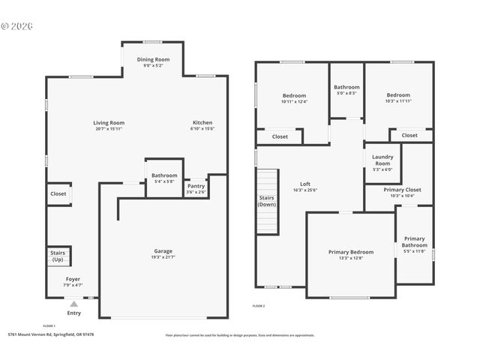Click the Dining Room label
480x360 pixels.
[153, 59]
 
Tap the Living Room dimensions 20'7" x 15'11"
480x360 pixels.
[109, 129]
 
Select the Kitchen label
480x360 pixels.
[202, 122]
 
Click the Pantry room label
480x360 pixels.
[196, 186]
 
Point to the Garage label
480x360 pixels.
[163, 250]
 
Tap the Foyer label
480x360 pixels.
[73, 279]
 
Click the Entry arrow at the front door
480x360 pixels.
[73, 304]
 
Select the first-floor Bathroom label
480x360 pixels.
[164, 175]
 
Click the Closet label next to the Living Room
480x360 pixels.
[58, 193]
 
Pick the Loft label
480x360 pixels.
[305, 184]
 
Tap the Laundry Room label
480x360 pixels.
[382, 160]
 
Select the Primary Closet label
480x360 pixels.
[403, 190]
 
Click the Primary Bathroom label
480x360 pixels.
[414, 241]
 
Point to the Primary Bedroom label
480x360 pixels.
[350, 252]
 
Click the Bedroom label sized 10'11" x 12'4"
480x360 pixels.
[294, 95]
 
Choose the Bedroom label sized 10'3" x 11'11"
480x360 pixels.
[398, 95]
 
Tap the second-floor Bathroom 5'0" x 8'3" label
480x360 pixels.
[346, 87]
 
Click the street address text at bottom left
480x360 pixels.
[51, 334]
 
